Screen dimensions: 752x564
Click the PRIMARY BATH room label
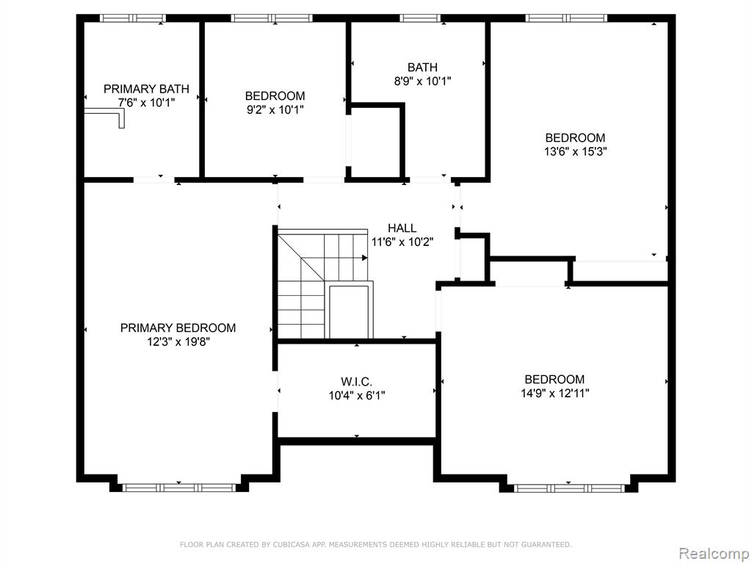coord(146,89)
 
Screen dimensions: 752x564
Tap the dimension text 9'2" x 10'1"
coord(275,110)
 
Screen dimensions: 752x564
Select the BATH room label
coord(422,67)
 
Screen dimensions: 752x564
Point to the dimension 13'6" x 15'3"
coord(575,151)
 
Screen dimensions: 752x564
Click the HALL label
coord(402,228)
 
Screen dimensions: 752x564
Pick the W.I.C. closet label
coord(357,382)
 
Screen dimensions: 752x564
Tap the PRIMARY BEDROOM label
coord(178,328)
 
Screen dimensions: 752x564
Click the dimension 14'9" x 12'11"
coord(555,394)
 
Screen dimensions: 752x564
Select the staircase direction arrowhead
coord(365,258)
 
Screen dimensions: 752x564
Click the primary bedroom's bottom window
coord(179,488)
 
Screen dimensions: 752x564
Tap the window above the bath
coord(420,18)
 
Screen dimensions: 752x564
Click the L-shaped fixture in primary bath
coord(106,117)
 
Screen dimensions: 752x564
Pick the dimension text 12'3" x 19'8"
coord(179,342)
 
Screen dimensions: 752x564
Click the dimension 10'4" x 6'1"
coord(357,396)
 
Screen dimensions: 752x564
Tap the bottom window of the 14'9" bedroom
coord(569,488)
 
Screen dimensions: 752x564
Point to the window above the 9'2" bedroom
coord(272,18)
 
